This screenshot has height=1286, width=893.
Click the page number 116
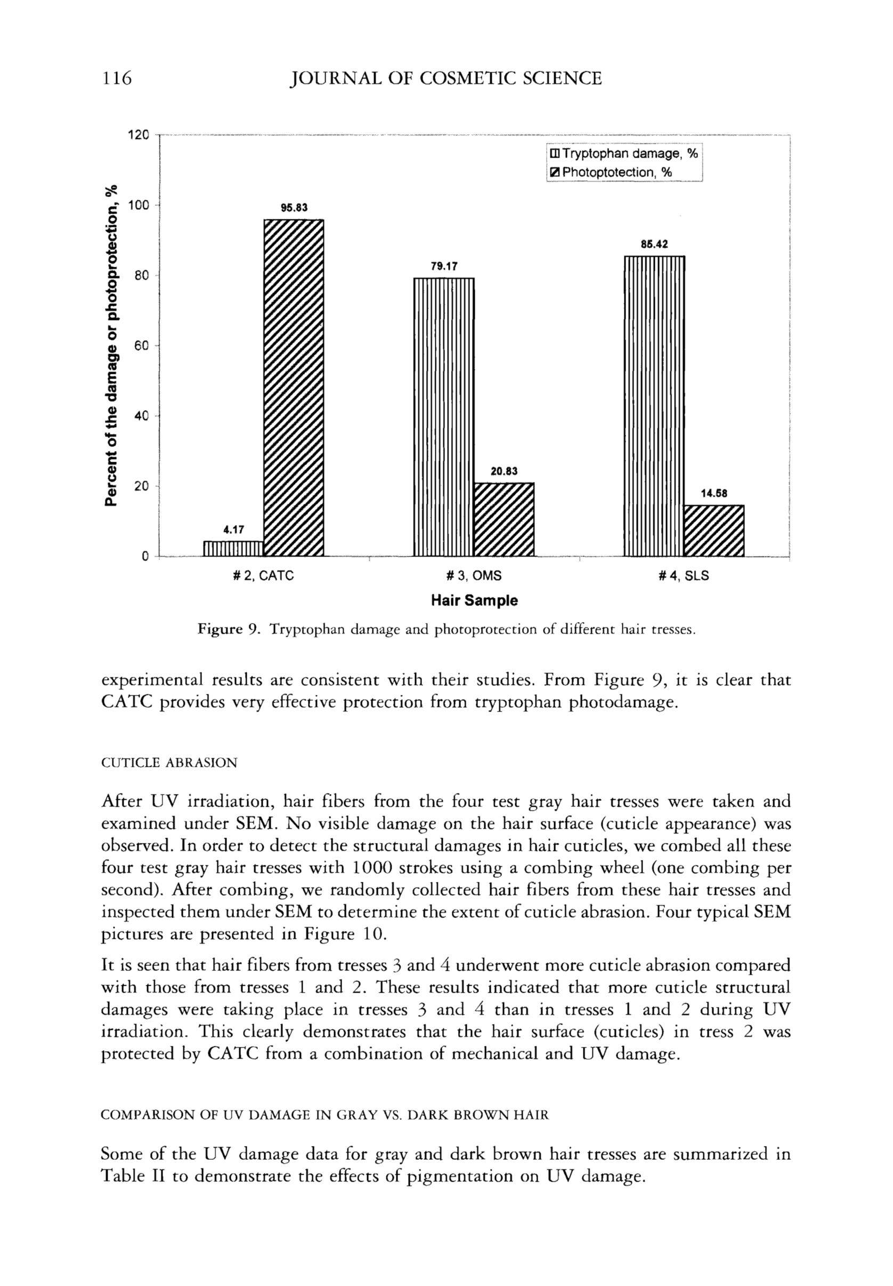pos(116,78)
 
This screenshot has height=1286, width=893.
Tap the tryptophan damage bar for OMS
pos(444,416)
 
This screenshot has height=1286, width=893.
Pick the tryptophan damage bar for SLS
pos(654,406)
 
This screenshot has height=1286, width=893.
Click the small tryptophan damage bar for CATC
pos(233,548)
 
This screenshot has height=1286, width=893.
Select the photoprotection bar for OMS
pos(504,519)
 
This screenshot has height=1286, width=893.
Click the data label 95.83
pos(294,208)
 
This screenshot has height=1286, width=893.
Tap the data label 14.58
pos(714,494)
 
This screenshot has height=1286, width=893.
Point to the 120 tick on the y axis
pos(138,135)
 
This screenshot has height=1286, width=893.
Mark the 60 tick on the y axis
pos(141,346)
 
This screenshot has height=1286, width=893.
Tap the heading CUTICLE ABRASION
pos(169,763)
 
